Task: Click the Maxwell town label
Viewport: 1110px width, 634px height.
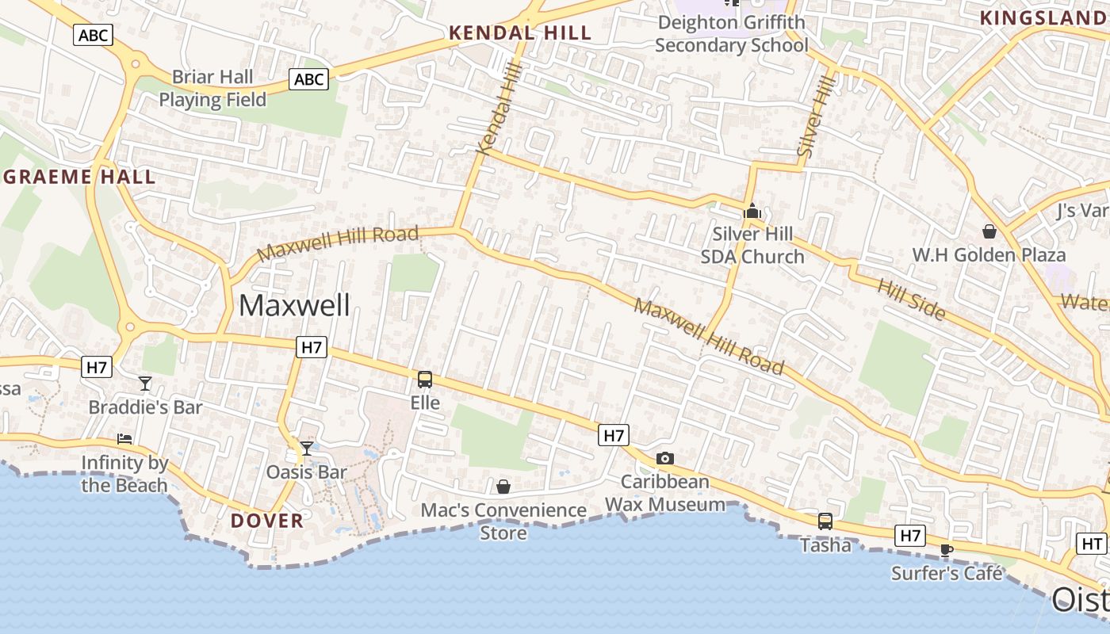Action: tap(294, 305)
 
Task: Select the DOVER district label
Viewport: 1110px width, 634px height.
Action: tap(267, 521)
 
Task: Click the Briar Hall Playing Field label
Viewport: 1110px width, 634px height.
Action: tap(212, 88)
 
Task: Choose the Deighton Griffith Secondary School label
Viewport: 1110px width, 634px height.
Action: tap(731, 33)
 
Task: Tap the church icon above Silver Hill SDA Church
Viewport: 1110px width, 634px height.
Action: tap(752, 212)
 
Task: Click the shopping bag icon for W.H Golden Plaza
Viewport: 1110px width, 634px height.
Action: tap(989, 231)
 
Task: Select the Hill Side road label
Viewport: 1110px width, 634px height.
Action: tap(911, 300)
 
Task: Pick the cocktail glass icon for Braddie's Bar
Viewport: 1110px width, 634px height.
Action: tap(145, 384)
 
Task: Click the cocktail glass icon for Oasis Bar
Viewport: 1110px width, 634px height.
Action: tap(306, 449)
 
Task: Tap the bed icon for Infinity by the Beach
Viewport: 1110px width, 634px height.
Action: tap(124, 438)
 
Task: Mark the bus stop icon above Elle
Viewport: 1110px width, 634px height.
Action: tap(425, 380)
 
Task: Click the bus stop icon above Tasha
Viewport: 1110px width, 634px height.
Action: tap(825, 521)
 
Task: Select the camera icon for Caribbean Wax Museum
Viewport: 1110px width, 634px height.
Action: tap(665, 458)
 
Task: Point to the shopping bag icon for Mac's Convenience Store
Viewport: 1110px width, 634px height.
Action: tap(503, 486)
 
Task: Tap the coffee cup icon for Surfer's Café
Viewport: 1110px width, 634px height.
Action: tap(946, 549)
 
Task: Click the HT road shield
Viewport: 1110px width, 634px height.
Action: tap(1093, 544)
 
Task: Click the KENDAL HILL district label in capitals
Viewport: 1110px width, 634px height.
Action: tap(520, 32)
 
